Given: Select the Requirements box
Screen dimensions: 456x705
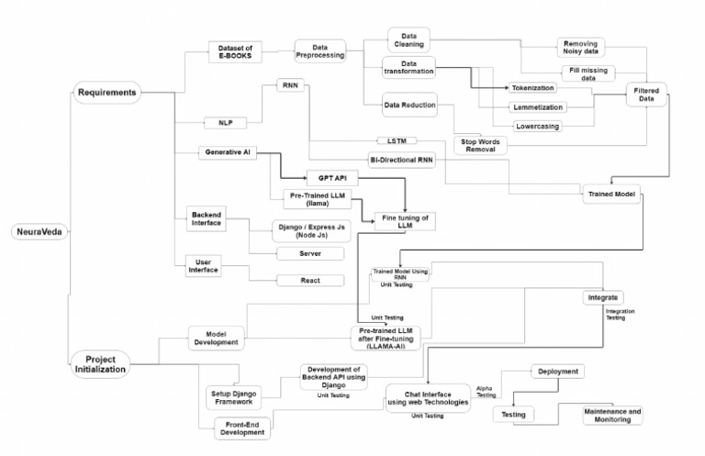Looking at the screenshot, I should (x=107, y=92).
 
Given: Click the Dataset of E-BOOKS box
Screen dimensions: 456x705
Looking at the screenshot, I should (x=234, y=51).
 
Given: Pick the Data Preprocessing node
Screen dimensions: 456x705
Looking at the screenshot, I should (x=319, y=51).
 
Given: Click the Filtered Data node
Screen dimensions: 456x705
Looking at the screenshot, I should (x=649, y=95).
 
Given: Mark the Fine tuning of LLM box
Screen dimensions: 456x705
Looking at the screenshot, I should (x=399, y=221).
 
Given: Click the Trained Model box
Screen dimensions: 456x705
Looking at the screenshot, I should (x=611, y=195).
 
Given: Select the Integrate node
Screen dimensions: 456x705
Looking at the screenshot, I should (x=602, y=298).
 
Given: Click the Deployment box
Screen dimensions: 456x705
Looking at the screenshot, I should (x=557, y=372).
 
